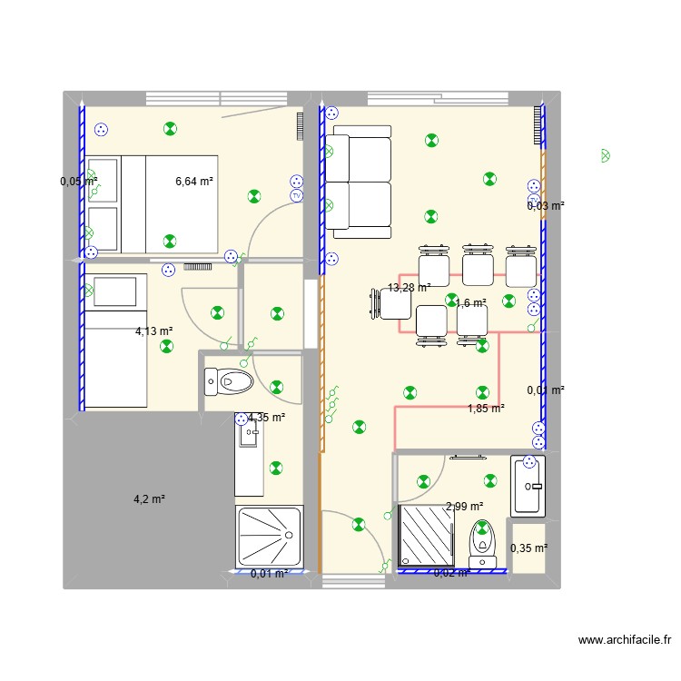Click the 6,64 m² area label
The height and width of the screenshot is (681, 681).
pos(194,182)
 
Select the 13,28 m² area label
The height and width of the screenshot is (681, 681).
pos(410,288)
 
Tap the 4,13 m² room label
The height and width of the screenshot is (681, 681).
pos(154,331)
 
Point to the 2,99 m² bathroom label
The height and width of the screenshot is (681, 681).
pos(464,507)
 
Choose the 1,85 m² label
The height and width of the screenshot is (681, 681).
pos(486,409)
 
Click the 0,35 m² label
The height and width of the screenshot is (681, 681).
pos(528,548)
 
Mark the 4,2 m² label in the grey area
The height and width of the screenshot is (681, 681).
pos(149,498)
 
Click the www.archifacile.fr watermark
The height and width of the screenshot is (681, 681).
pos(627,641)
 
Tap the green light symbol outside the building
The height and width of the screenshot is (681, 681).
pos(606,156)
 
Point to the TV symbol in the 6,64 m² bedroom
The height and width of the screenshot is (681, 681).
pos(296,195)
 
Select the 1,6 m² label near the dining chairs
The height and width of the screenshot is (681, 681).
pos(470,303)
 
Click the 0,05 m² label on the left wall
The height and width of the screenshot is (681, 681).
pos(78,182)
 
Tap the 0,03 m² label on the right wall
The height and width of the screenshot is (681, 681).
pos(546,206)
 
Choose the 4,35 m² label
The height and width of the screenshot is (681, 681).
pos(267,418)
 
